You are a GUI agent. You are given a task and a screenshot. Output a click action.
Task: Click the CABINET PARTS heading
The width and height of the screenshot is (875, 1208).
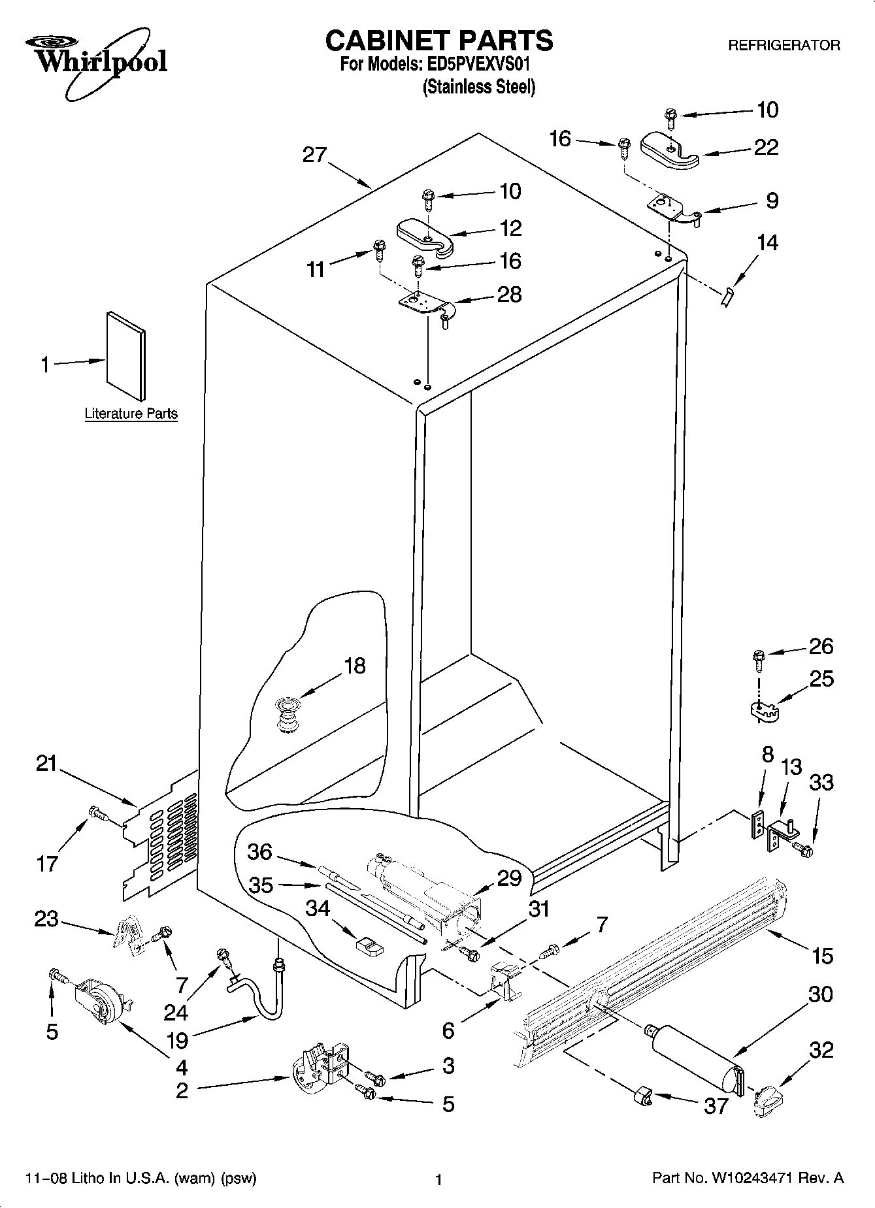[x=438, y=41]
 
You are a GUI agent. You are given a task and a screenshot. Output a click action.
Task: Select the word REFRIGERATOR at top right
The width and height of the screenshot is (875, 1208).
[x=784, y=45]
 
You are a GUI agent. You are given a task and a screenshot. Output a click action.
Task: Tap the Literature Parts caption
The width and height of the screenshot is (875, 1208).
[x=131, y=414]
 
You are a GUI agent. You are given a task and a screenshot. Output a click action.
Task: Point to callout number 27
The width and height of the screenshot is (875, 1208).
[x=314, y=155]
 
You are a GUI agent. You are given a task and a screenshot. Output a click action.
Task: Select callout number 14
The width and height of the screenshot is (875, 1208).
[x=767, y=243]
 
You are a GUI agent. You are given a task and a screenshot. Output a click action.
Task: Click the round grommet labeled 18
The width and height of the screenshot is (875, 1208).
[x=286, y=715]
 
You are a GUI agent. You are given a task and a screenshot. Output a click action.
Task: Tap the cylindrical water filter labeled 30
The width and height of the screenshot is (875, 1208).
[x=697, y=1054]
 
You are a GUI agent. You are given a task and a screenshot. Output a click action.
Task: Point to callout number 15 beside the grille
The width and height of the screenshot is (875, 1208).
[x=822, y=956]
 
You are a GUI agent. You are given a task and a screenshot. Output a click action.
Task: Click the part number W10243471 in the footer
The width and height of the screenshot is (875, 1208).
[x=757, y=1179]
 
